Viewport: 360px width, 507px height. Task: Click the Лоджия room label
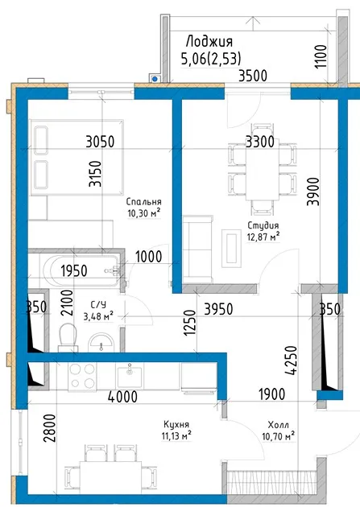coord(209,42)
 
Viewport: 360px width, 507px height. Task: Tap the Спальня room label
coord(143,202)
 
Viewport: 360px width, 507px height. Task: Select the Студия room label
coord(263,225)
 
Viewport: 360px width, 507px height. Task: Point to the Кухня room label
coord(176,424)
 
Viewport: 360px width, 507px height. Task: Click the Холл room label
coord(279,425)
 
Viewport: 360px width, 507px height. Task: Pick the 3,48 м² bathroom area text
coord(98,315)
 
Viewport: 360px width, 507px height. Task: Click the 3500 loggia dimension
coord(253,76)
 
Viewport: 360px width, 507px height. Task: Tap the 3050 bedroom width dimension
coord(100,142)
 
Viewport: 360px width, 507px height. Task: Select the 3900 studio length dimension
coord(313,192)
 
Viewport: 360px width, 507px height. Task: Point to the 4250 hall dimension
coord(291,361)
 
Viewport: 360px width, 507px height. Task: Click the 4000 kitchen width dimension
coord(122,397)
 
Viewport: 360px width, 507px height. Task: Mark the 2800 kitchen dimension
coord(51,428)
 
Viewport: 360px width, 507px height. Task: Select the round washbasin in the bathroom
coord(101,342)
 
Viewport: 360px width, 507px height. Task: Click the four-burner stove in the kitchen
coord(82,377)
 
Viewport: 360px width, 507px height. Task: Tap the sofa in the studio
coord(198,249)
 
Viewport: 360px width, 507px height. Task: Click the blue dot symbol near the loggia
coord(155,79)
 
